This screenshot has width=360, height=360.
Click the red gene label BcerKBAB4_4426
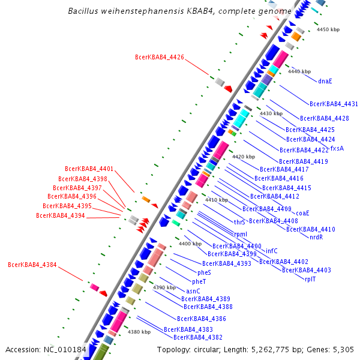pos(160,58)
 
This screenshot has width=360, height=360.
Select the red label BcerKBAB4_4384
pos(32,265)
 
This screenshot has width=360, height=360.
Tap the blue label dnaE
pos(325,81)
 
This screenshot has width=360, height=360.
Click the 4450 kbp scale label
pos(328,29)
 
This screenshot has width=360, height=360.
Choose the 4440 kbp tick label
pos(299,71)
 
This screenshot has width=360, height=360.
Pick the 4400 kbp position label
pos(190,244)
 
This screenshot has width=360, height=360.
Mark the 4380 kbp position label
pos(139,332)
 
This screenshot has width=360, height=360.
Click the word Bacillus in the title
pos(88,11)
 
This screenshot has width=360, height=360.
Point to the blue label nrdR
pos(316,237)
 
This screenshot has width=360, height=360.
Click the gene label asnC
pos(185,291)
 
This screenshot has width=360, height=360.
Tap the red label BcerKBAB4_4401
pos(89,169)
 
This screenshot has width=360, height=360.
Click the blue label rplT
pos(310,279)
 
